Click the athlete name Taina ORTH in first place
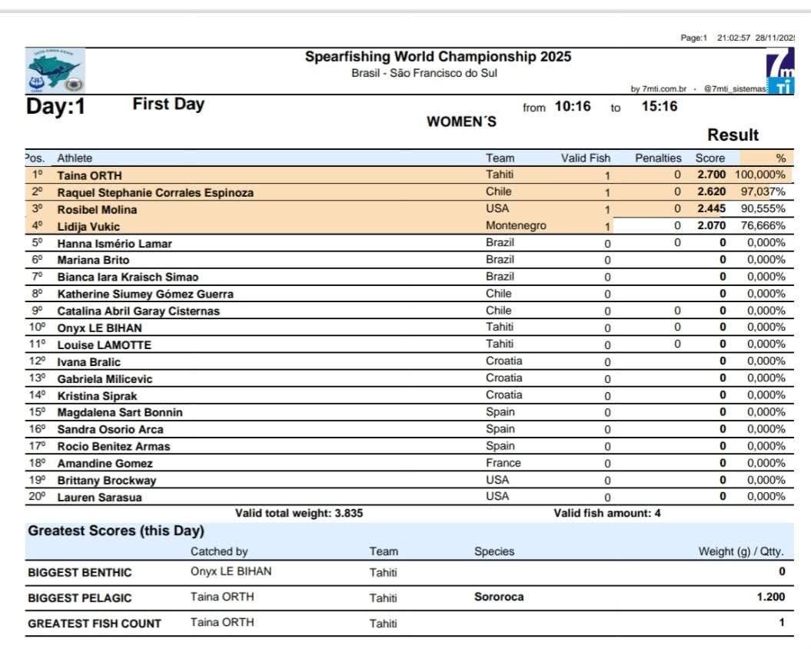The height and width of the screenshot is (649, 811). click(x=89, y=175)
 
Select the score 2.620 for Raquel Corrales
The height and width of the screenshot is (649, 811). click(x=711, y=192)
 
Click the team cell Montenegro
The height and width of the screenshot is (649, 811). click(x=516, y=226)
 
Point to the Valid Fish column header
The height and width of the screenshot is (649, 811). click(x=585, y=158)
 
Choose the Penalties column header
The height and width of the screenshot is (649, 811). click(x=658, y=158)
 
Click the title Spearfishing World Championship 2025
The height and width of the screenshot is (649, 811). click(x=438, y=57)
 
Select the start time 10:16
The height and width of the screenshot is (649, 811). click(x=573, y=107)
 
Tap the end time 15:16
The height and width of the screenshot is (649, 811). click(x=660, y=107)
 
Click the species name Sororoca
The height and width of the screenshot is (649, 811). click(x=499, y=597)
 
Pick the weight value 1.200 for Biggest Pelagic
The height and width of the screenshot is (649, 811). click(x=771, y=597)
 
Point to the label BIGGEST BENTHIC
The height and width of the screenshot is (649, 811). click(x=79, y=572)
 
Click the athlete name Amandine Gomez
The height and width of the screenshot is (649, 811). click(x=105, y=464)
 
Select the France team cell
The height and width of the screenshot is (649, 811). click(x=503, y=463)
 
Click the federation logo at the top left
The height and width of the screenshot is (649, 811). click(x=54, y=71)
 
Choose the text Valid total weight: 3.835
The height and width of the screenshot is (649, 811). click(x=299, y=513)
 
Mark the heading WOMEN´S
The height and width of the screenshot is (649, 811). click(x=461, y=121)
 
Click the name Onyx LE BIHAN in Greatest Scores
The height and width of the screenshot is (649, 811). click(x=231, y=571)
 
